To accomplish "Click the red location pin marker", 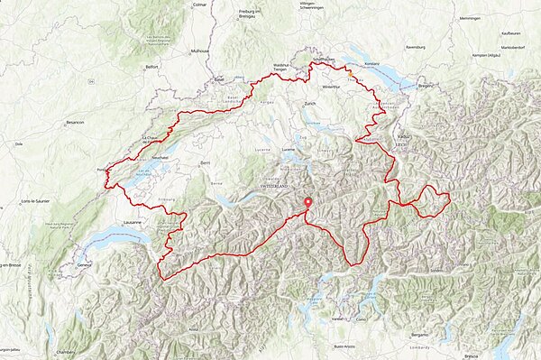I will click(x=307, y=204).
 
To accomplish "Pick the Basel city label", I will click(x=219, y=78).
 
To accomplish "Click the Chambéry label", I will click(x=65, y=352).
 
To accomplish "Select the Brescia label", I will click(x=472, y=355).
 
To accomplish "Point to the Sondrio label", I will click(x=438, y=270).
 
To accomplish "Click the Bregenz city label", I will click(x=426, y=86).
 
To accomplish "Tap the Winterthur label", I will click(x=331, y=87).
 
